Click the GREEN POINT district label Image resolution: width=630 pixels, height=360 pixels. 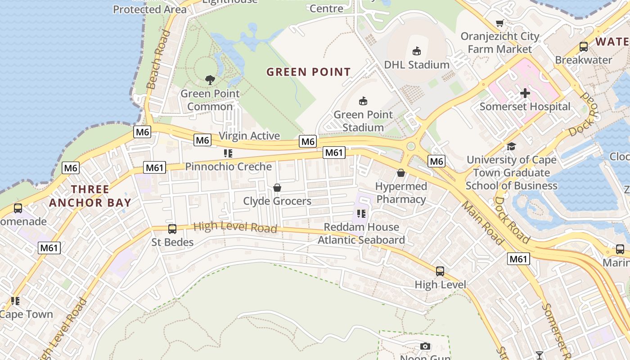tap(308, 72)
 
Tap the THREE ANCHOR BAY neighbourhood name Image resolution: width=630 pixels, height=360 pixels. tap(90, 196)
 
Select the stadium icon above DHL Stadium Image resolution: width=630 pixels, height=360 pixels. tap(417, 51)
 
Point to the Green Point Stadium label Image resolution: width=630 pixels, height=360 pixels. tap(363, 121)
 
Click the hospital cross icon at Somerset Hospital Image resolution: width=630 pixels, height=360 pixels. tap(525, 94)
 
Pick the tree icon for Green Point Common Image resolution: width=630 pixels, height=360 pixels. tap(210, 80)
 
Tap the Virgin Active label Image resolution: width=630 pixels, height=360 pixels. tap(249, 136)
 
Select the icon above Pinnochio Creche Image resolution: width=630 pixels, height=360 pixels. tap(228, 153)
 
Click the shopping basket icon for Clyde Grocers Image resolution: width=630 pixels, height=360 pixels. tap(277, 188)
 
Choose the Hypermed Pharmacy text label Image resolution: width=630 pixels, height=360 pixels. tap(401, 193)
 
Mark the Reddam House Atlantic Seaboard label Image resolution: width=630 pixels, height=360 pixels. tap(361, 234)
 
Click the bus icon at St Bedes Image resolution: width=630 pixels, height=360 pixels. tap(172, 229)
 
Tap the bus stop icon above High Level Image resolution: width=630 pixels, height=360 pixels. tap(440, 271)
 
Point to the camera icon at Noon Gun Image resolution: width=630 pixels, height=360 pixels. tap(425, 346)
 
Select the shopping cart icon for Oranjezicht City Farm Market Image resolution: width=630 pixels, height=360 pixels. tap(499, 23)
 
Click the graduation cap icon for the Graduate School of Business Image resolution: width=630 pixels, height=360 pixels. tap(511, 147)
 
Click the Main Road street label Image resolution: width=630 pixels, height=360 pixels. tap(482, 223)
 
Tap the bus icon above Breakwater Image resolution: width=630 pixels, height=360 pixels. tap(584, 46)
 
